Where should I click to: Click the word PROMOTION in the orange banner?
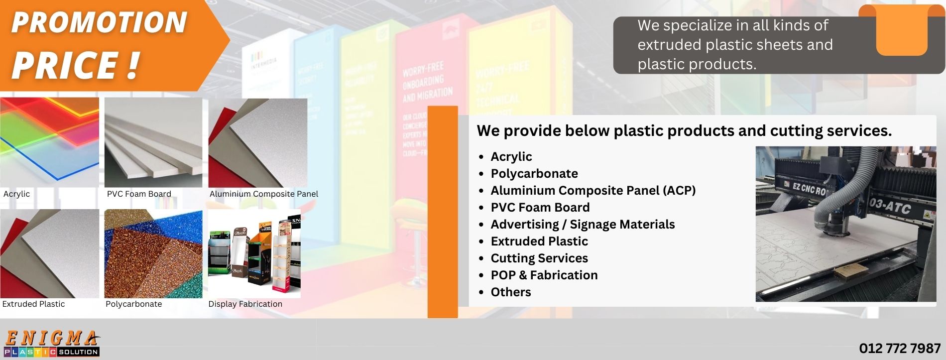pyautogui.click(x=99, y=23)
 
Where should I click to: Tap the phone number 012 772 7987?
pyautogui.click(x=900, y=348)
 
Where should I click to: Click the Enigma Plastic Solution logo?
pyautogui.click(x=51, y=344)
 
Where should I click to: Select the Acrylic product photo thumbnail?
pyautogui.click(x=49, y=142)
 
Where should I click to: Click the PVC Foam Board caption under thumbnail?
pyautogui.click(x=139, y=194)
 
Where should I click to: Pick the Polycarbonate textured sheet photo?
pyautogui.click(x=153, y=253)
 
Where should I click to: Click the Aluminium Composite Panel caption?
pyautogui.click(x=263, y=194)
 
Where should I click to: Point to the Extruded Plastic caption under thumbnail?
pyautogui.click(x=33, y=304)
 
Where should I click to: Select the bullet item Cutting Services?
pyautogui.click(x=539, y=258)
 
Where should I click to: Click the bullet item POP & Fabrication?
pyautogui.click(x=544, y=275)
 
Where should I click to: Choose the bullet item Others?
pyautogui.click(x=511, y=292)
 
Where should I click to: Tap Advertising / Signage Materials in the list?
pyautogui.click(x=583, y=225)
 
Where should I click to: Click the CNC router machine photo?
pyautogui.click(x=845, y=224)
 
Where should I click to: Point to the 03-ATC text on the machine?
pyautogui.click(x=890, y=206)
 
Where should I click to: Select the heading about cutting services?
pyautogui.click(x=684, y=131)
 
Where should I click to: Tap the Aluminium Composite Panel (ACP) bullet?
pyautogui.click(x=593, y=191)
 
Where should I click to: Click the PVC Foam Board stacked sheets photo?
pyautogui.click(x=153, y=142)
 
